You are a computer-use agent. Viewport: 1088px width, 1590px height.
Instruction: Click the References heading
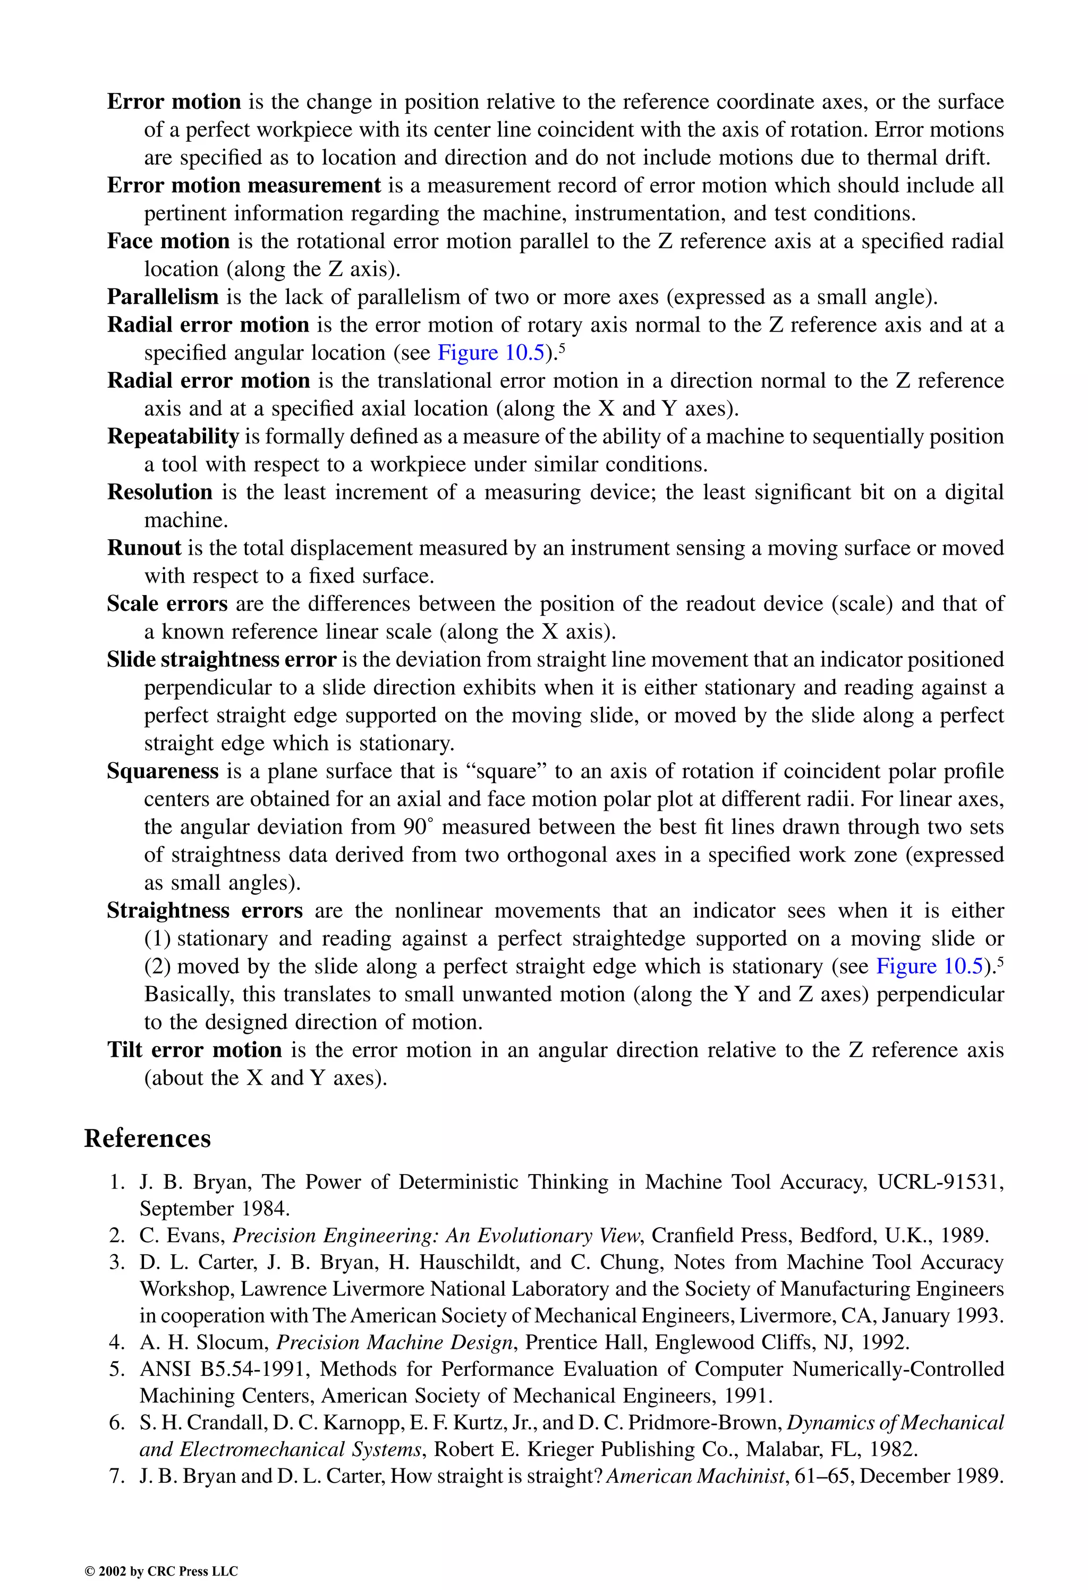pyautogui.click(x=147, y=1138)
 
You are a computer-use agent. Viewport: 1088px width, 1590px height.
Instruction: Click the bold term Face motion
pyautogui.click(x=168, y=242)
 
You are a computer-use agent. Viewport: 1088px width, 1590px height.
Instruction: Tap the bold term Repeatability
pyautogui.click(x=173, y=437)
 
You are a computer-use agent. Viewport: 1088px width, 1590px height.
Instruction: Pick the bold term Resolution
pyautogui.click(x=160, y=492)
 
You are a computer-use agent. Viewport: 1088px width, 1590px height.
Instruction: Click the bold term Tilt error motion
pyautogui.click(x=195, y=1050)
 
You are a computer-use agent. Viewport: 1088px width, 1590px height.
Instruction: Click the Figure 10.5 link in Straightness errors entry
pyautogui.click(x=929, y=967)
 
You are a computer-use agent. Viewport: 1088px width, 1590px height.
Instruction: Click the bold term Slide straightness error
pyautogui.click(x=222, y=660)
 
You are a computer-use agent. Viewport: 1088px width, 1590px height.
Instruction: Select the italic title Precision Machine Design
pyautogui.click(x=394, y=1342)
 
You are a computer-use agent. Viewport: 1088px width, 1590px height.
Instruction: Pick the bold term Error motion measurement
pyautogui.click(x=244, y=185)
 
